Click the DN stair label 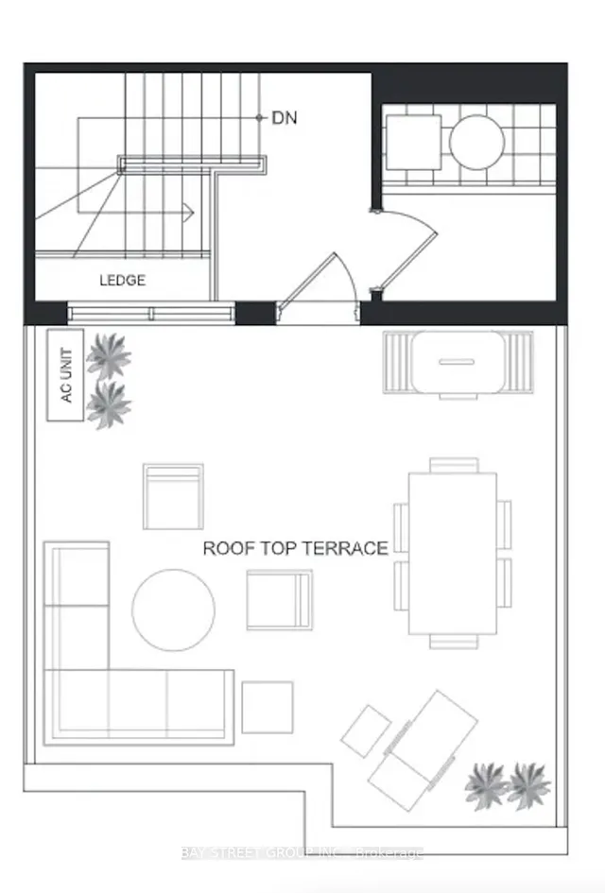coord(285,118)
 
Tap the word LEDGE coord(123,281)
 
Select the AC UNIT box coord(65,375)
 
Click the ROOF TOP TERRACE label coord(296,548)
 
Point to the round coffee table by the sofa coord(174,610)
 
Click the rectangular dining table coord(452,554)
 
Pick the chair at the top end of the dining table coord(454,465)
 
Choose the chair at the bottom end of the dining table coord(454,642)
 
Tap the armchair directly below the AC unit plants coord(173,497)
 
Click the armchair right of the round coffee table coord(280,600)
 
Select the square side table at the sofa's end coord(268,708)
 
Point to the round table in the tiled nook coord(476,143)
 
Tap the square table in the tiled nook coord(414,143)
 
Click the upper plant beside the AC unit coord(109,356)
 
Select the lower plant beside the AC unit coord(109,405)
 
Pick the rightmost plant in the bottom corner coord(528,786)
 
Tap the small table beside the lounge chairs coord(366,731)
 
